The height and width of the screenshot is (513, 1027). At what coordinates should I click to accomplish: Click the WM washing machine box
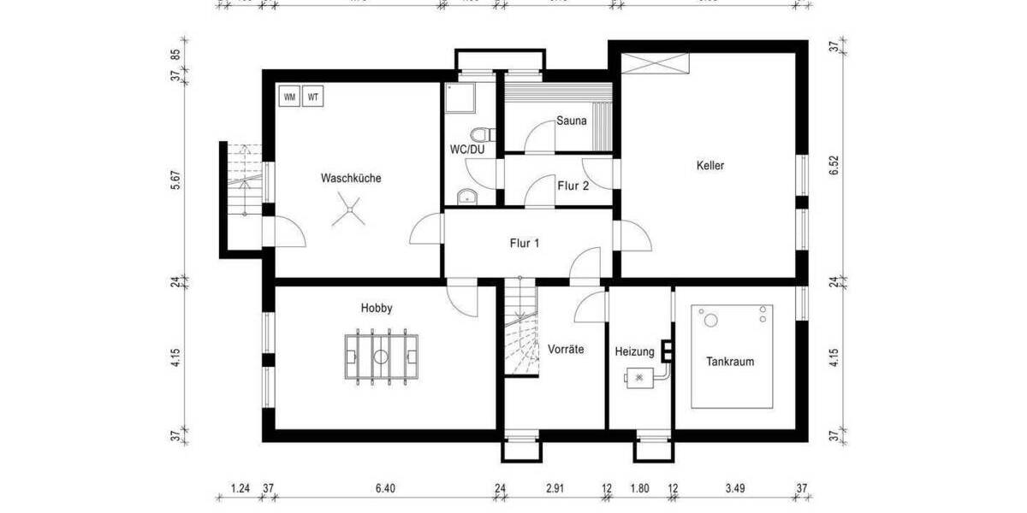point(289,97)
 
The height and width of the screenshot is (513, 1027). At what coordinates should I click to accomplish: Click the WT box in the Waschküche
point(314,97)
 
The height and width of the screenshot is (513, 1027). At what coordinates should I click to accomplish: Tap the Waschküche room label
point(351,179)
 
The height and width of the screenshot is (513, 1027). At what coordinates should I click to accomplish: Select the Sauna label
point(571,121)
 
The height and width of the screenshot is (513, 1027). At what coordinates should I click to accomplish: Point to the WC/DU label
point(468,149)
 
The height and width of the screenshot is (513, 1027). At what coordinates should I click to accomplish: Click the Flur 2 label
point(573,185)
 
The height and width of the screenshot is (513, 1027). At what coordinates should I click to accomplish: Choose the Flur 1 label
point(525,243)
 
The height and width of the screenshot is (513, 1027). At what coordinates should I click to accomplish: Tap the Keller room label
point(709,166)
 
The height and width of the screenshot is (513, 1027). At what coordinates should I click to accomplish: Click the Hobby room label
point(377,308)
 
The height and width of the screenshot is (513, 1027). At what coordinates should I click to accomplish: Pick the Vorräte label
point(566,349)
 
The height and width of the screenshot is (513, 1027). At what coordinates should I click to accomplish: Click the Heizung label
point(634,351)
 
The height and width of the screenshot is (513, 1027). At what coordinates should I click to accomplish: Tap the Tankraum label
point(730,362)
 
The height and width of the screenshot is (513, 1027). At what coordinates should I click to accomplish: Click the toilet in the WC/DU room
point(485,134)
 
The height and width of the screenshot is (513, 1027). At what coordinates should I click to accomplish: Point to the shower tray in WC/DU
point(457,97)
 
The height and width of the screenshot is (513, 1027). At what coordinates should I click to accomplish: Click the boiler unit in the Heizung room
point(639,376)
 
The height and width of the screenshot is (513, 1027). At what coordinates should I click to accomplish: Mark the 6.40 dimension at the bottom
point(385,489)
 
